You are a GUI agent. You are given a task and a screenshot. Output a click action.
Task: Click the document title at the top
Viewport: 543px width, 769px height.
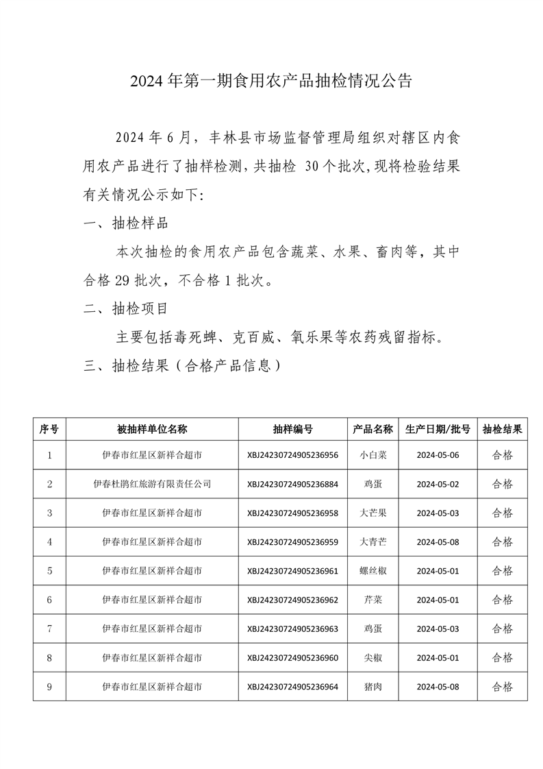click(271, 81)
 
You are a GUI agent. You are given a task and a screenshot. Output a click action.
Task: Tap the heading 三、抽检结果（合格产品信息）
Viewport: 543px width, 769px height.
click(182, 365)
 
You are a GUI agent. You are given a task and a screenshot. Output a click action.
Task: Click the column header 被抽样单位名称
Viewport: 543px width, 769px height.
click(151, 429)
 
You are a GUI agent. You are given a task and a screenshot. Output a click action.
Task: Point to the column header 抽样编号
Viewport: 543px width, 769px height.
click(292, 429)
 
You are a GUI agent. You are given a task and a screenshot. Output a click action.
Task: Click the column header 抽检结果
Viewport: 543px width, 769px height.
click(502, 429)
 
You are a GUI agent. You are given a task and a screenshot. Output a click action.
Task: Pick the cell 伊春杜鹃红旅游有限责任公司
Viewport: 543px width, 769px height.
click(151, 484)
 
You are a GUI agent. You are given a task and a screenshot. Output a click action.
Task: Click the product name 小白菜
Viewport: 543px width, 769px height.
click(372, 454)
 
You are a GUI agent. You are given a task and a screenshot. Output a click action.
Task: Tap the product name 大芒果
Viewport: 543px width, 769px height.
click(372, 513)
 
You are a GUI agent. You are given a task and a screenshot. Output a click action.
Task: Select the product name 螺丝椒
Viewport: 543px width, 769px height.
click(372, 571)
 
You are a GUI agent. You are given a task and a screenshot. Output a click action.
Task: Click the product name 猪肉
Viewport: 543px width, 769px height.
click(372, 687)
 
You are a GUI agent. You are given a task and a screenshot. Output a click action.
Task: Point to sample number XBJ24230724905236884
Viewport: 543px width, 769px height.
click(292, 484)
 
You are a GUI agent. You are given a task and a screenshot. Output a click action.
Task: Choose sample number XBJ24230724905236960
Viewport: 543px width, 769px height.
click(292, 658)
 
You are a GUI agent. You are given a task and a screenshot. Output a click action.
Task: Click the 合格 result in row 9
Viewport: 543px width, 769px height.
click(502, 687)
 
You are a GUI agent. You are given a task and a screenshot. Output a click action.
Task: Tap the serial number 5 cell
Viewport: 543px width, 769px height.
click(49, 571)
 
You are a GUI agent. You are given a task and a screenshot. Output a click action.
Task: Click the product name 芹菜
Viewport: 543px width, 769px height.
click(372, 600)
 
